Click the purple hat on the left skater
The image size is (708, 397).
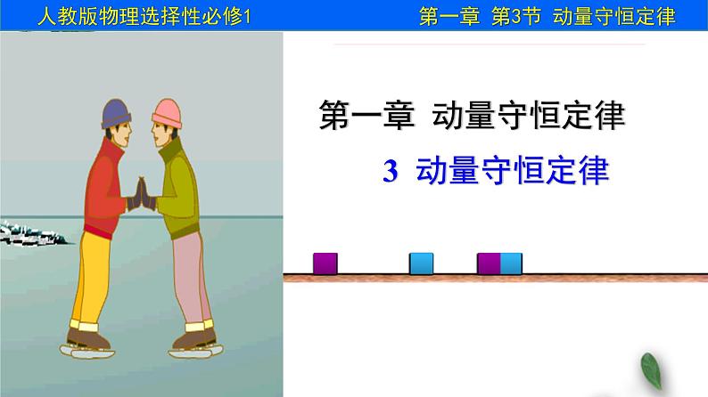pos(117,113)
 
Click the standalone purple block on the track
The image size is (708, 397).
pos(325,263)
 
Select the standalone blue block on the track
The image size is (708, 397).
pos(421,263)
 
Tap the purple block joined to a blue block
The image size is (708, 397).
pos(489,263)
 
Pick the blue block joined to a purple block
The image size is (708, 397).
pos(511,263)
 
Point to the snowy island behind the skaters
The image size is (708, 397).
pos(31,233)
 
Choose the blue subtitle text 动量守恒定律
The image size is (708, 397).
pos(512,170)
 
